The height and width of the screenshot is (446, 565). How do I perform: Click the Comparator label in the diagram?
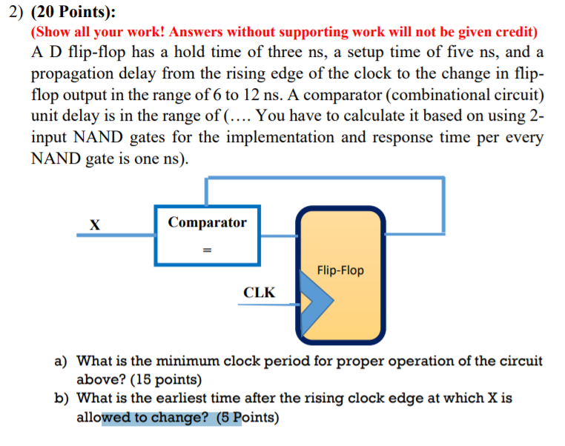click(x=207, y=222)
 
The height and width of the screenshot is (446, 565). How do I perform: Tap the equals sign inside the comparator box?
click(x=208, y=250)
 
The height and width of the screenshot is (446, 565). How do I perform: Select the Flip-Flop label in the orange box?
click(x=340, y=270)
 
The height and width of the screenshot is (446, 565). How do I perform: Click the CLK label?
click(x=259, y=293)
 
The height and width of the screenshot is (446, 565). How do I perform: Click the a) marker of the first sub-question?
click(x=63, y=362)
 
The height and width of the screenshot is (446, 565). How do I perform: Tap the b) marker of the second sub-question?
click(x=63, y=399)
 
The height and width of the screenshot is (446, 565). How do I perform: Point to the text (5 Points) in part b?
click(x=248, y=418)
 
